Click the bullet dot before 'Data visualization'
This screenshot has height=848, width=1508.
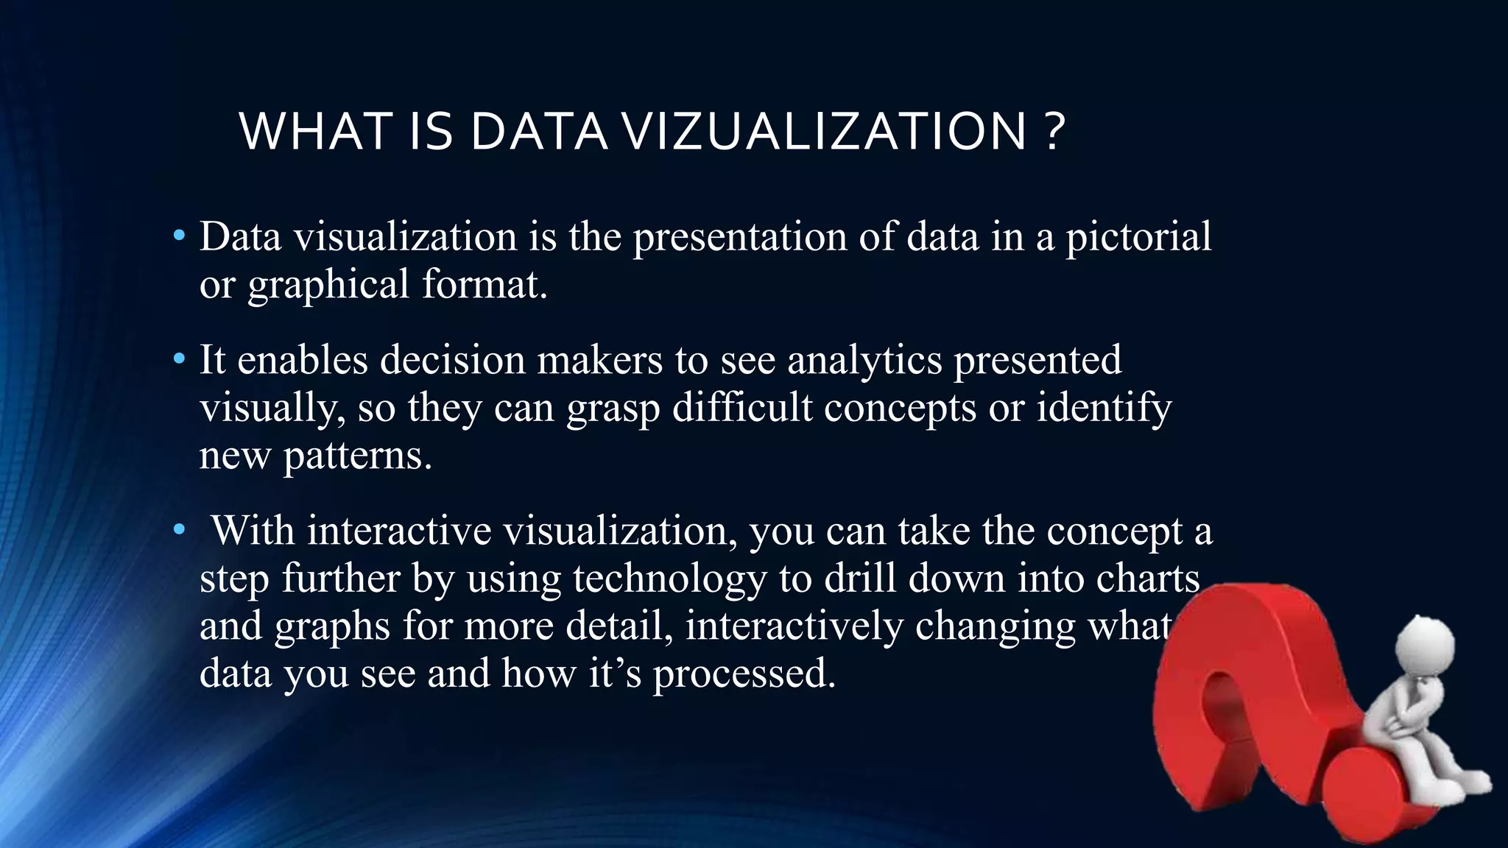pyautogui.click(x=178, y=237)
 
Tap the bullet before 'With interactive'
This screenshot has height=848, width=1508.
pyautogui.click(x=178, y=531)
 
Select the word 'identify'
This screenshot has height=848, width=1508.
pyautogui.click(x=1104, y=408)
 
